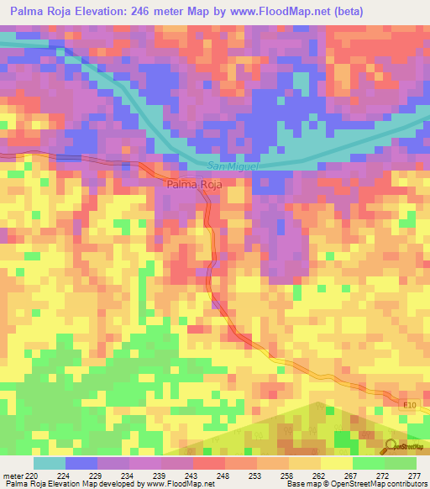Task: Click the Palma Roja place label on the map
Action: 193,185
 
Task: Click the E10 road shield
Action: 409,404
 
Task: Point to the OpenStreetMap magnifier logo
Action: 391,446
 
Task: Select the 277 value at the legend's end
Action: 413,475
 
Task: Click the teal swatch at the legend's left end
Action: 50,463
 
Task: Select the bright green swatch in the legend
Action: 369,463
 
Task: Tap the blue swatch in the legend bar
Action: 81,463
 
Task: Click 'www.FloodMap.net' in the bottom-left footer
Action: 176,484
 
